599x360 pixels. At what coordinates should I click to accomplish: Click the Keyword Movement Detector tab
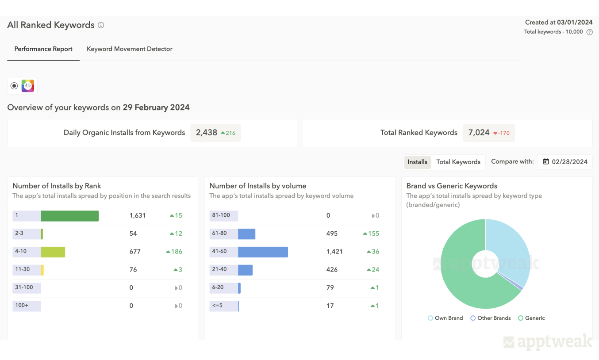[129, 49]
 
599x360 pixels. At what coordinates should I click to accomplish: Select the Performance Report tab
[43, 49]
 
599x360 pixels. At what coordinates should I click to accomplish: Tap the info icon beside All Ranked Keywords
[101, 25]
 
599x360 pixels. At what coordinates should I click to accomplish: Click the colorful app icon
[28, 86]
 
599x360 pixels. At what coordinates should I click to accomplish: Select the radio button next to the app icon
[14, 86]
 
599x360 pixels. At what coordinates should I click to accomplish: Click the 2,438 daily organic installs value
[207, 133]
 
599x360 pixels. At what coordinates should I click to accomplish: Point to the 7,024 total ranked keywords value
[479, 133]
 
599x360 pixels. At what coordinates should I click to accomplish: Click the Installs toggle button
[417, 162]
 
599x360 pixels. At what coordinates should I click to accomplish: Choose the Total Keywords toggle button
[458, 162]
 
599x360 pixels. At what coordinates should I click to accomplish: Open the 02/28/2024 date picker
[565, 162]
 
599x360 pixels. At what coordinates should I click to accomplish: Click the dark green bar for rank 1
[69, 216]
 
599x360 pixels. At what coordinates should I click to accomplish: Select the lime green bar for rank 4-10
[53, 252]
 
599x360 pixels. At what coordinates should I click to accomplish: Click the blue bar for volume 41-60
[263, 252]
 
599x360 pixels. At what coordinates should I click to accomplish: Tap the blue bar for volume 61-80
[246, 234]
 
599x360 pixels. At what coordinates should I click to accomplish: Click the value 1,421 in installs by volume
[334, 252]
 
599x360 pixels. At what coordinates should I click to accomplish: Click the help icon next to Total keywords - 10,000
[589, 32]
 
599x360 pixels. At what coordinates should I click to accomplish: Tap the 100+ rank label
[22, 306]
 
